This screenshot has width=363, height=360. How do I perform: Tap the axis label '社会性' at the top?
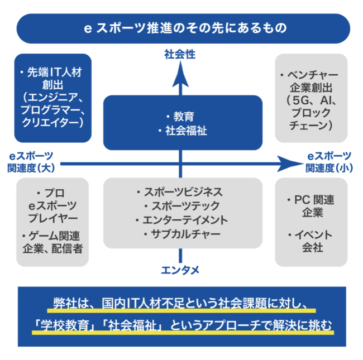(179, 56)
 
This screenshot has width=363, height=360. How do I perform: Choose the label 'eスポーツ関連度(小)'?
(329, 161)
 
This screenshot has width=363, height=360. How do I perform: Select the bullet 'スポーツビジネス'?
(183, 192)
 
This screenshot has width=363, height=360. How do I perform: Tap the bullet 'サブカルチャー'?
(183, 234)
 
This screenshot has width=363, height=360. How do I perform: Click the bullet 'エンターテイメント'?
(183, 220)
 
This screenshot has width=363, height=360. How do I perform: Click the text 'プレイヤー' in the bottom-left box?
(54, 217)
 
